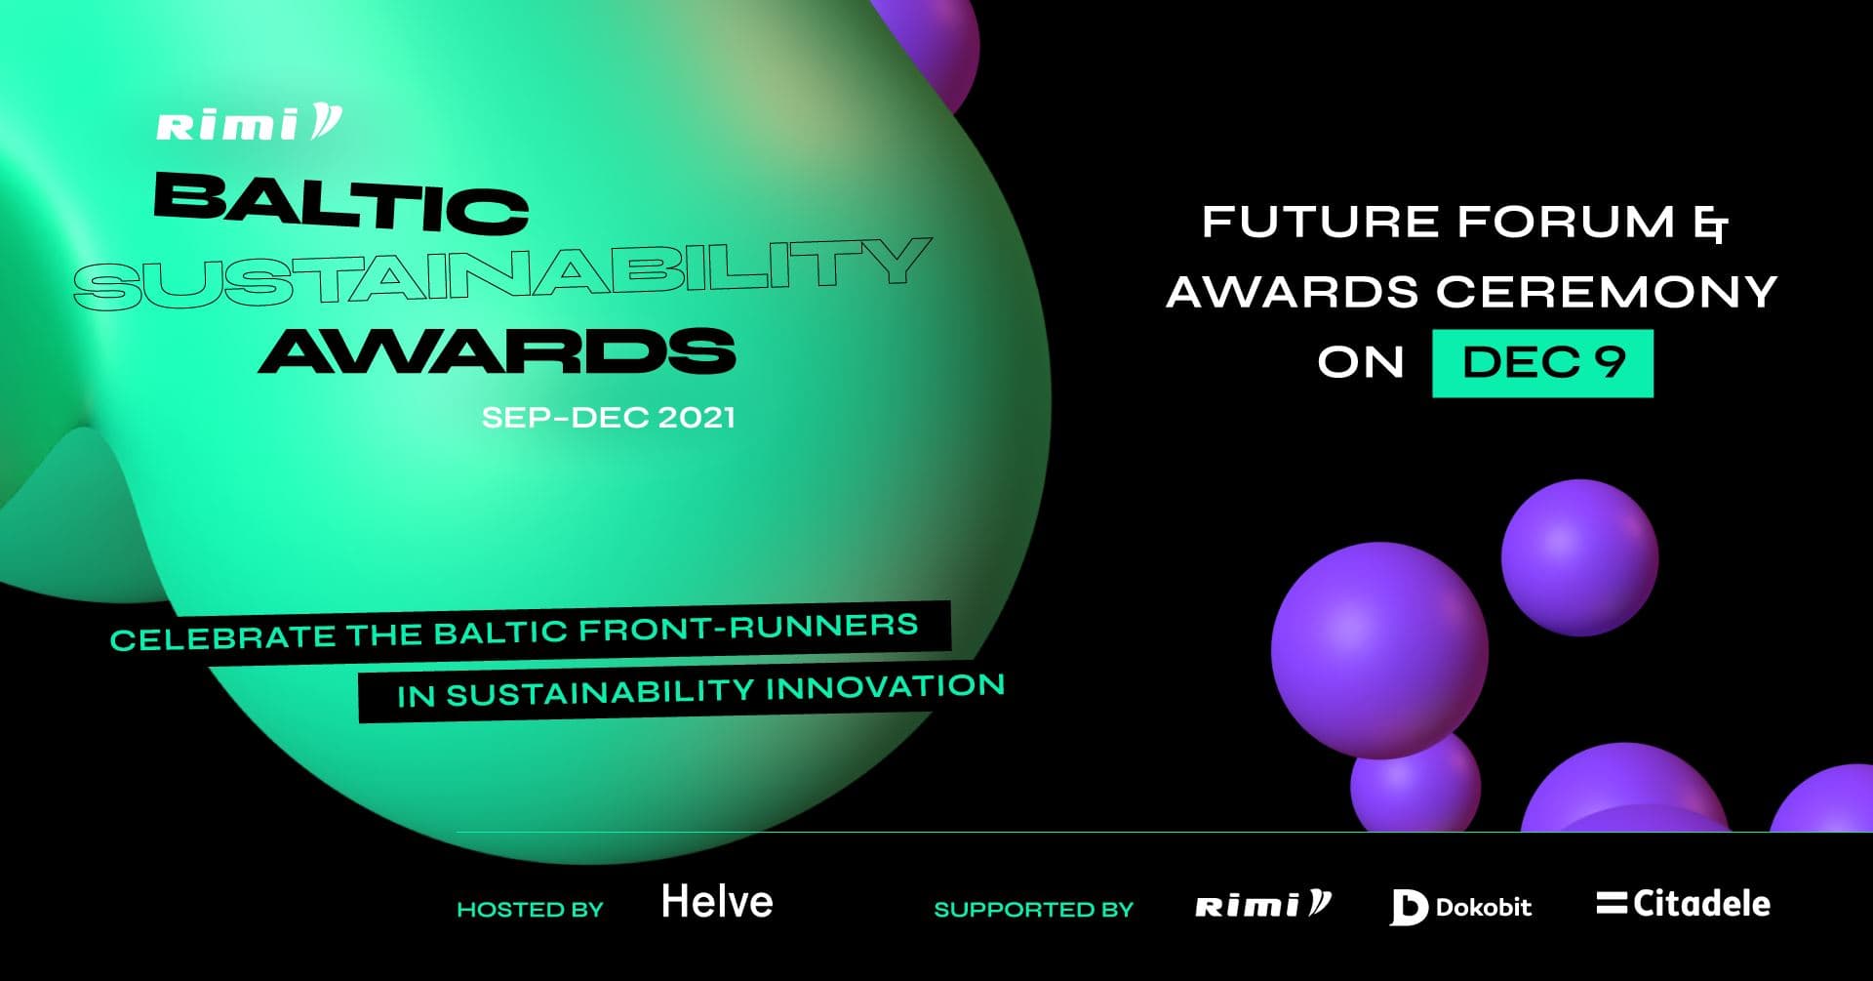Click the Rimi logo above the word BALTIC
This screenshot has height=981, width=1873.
coord(249,124)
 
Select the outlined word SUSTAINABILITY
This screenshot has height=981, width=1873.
coord(502,273)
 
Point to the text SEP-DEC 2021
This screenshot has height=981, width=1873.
coord(608,418)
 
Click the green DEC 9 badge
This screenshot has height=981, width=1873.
coord(1542,363)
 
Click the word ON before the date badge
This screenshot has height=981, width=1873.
coord(1360,363)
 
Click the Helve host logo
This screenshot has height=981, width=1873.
coord(717,902)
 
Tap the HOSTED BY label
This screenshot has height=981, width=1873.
coord(530,910)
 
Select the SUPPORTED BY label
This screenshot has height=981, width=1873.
coord(1033,910)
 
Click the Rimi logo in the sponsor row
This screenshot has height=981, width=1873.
coord(1262,906)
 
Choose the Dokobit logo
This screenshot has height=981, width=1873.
coord(1460,907)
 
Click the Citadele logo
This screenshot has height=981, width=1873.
coord(1683,904)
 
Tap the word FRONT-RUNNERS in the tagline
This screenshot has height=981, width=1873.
coord(748,629)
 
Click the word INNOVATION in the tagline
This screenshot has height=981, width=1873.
coord(885,687)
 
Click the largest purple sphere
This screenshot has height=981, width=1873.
coord(1378,650)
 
